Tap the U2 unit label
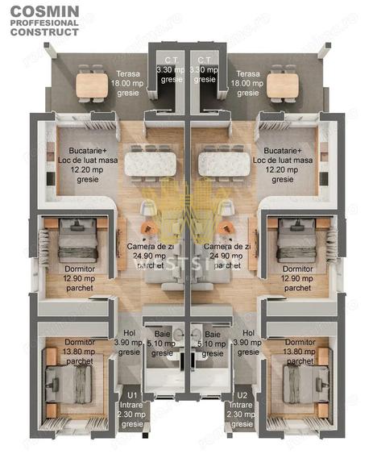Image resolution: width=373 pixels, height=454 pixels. click(242, 395)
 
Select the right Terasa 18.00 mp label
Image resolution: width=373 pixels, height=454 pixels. click(247, 78)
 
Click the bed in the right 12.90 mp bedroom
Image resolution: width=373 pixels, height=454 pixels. click(292, 241)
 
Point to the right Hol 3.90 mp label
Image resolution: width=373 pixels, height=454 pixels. click(248, 342)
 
